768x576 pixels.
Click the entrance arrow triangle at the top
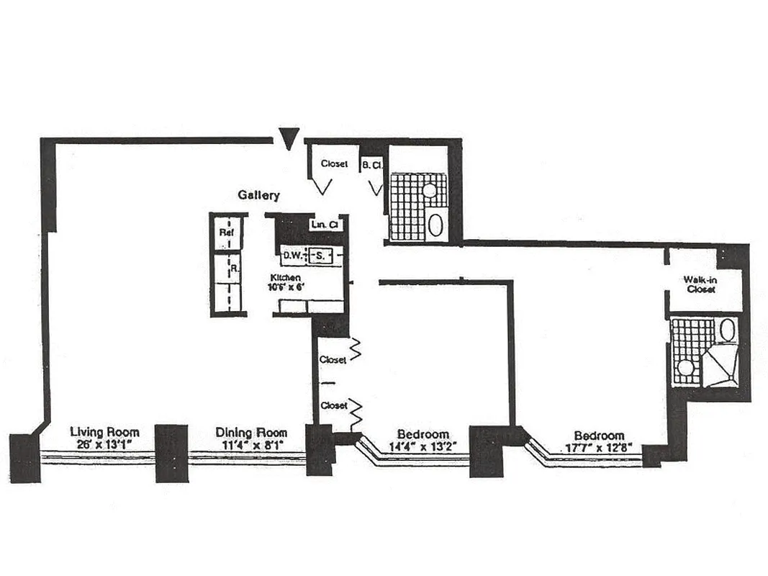(289, 138)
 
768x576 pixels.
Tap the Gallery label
(259, 195)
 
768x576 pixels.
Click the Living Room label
(104, 432)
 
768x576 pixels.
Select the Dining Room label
(251, 433)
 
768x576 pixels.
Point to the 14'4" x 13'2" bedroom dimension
(423, 446)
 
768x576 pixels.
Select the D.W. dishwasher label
(292, 255)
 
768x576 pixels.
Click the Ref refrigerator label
(225, 233)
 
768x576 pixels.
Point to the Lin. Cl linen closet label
(325, 225)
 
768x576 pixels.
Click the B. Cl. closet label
(372, 164)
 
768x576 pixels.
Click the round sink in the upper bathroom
(429, 191)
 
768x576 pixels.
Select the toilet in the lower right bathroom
(727, 330)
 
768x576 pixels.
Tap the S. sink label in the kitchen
(321, 255)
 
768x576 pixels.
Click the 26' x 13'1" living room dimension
(104, 445)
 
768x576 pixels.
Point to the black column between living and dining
(171, 453)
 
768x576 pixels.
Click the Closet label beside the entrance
(335, 164)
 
